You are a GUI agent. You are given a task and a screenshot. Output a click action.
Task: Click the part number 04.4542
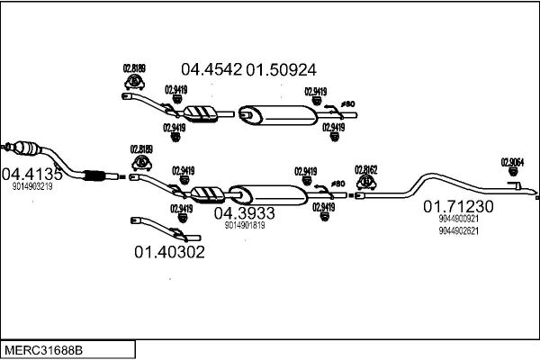pyautogui.click(x=211, y=68)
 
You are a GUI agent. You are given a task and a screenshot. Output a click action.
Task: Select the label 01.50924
pyautogui.click(x=282, y=68)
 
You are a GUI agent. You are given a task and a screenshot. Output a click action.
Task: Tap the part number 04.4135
pyautogui.click(x=32, y=174)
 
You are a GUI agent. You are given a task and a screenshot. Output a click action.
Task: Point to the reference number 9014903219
pyautogui.click(x=32, y=187)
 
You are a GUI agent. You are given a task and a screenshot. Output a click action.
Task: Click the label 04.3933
pyautogui.click(x=243, y=213)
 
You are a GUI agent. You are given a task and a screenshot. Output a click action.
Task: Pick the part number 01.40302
pyautogui.click(x=169, y=252)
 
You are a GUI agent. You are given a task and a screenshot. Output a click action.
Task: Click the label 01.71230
pyautogui.click(x=459, y=206)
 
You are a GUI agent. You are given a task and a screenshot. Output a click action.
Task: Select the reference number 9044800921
pyautogui.click(x=458, y=219)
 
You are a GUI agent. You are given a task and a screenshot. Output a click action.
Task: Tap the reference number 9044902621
pyautogui.click(x=458, y=230)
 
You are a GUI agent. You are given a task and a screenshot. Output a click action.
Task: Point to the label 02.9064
pyautogui.click(x=512, y=163)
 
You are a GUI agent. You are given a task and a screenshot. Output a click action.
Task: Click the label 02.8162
pyautogui.click(x=365, y=168)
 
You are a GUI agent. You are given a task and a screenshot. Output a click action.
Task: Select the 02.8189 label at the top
pyautogui.click(x=133, y=68)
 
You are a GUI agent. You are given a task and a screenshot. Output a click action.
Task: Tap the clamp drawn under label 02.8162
pyautogui.click(x=366, y=183)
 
